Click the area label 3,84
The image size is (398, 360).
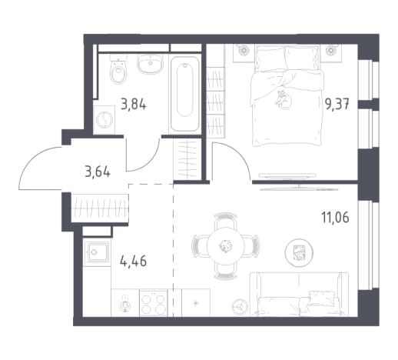point(134,105)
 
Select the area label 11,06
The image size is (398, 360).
point(335,218)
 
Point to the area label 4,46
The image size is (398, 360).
point(133,262)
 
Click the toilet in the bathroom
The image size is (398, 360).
point(119,68)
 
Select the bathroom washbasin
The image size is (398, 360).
point(150,64)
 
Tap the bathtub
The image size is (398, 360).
point(185,94)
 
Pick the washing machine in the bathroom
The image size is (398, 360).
point(104,120)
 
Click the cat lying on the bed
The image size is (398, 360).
point(284,100)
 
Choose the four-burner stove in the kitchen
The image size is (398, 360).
point(153,302)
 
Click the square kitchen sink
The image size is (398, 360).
point(97,253)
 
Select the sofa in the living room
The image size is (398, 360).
point(299,294)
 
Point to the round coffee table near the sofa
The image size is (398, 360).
point(299,252)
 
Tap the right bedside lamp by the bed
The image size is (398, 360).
point(332,50)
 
